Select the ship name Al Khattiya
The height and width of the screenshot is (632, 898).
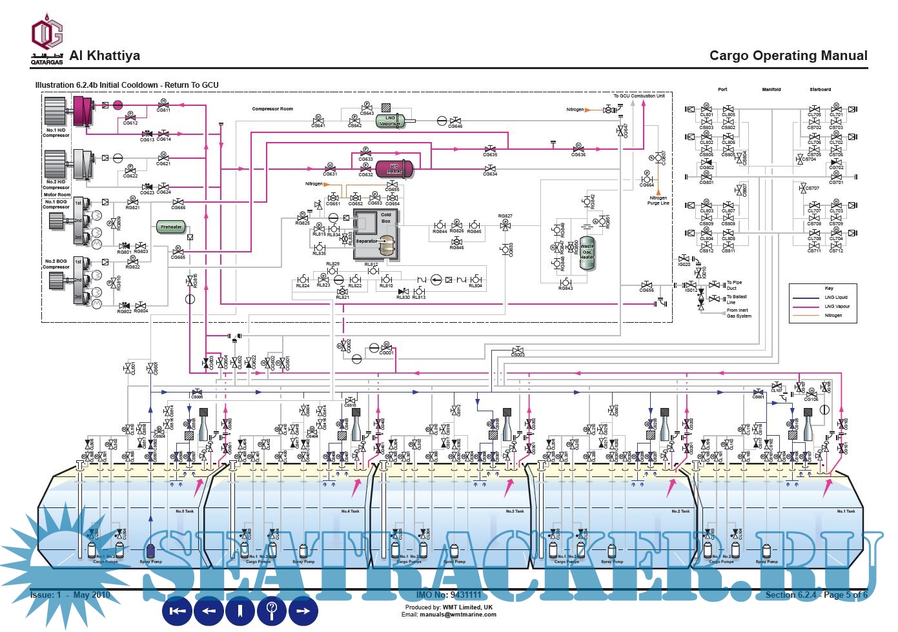[x=105, y=56]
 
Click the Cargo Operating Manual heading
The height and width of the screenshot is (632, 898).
[x=788, y=56]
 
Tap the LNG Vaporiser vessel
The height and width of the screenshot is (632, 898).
[x=390, y=121]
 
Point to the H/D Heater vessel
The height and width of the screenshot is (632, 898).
[x=394, y=168]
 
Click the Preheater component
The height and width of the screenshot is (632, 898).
[x=171, y=227]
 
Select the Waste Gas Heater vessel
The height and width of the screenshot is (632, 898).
[x=587, y=252]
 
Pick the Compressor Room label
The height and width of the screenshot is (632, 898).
[x=272, y=109]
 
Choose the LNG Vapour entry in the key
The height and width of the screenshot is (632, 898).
[x=837, y=307]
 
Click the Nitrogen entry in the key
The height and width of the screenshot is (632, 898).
[x=833, y=316]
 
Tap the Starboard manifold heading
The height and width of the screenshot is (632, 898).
[x=820, y=90]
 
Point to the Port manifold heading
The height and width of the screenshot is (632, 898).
[x=722, y=90]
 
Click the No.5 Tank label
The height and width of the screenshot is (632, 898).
[x=185, y=511]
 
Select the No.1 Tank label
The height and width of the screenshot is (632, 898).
[x=846, y=511]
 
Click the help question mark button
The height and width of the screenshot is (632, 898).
[x=272, y=610]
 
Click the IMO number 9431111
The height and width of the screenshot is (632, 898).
[x=449, y=595]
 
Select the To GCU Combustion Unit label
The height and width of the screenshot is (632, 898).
[x=638, y=96]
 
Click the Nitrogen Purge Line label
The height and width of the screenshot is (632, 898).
[x=658, y=201]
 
